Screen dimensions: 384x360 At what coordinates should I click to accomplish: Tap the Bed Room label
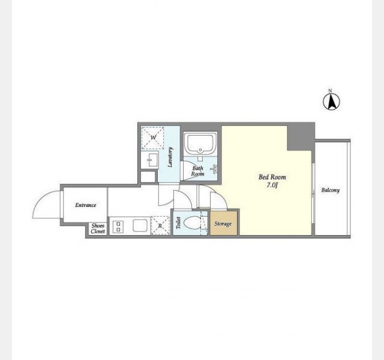[x=272, y=177]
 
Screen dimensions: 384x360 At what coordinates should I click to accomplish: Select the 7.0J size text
[x=272, y=185]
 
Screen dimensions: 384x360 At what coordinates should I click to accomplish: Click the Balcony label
[x=331, y=190]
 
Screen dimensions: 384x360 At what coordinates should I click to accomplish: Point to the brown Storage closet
[x=223, y=223]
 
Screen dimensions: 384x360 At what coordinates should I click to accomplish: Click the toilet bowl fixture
[x=191, y=223]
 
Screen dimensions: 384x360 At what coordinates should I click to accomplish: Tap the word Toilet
[x=178, y=223]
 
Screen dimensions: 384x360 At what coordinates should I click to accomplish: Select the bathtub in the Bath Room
[x=200, y=143]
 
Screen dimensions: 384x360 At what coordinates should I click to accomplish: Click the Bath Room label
[x=197, y=171]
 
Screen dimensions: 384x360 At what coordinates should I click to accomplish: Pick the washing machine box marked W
[x=153, y=137]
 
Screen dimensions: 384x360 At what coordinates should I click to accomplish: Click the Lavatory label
[x=170, y=157]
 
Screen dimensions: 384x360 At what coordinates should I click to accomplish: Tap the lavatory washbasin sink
[x=150, y=160]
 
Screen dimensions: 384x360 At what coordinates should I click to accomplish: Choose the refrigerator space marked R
[x=160, y=226]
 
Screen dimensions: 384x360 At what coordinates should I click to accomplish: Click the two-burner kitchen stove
[x=118, y=227]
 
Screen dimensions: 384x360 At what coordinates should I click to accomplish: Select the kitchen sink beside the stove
[x=140, y=226]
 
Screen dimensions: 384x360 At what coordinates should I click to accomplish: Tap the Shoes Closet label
[x=98, y=229]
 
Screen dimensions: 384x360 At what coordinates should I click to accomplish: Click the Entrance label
[x=85, y=205]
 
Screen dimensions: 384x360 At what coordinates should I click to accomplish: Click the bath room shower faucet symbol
[x=214, y=169]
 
